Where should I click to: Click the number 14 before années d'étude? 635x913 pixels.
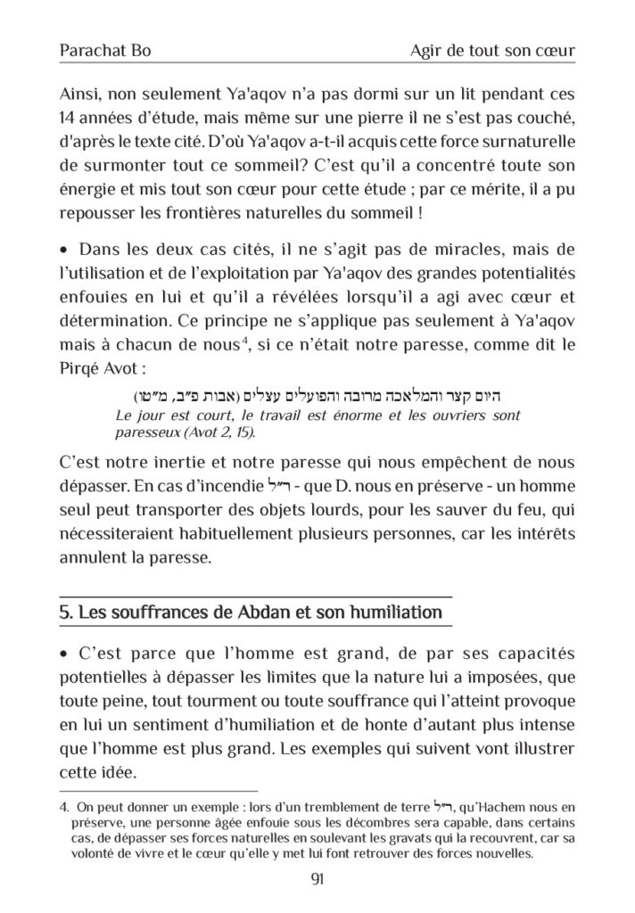[x=70, y=119]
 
